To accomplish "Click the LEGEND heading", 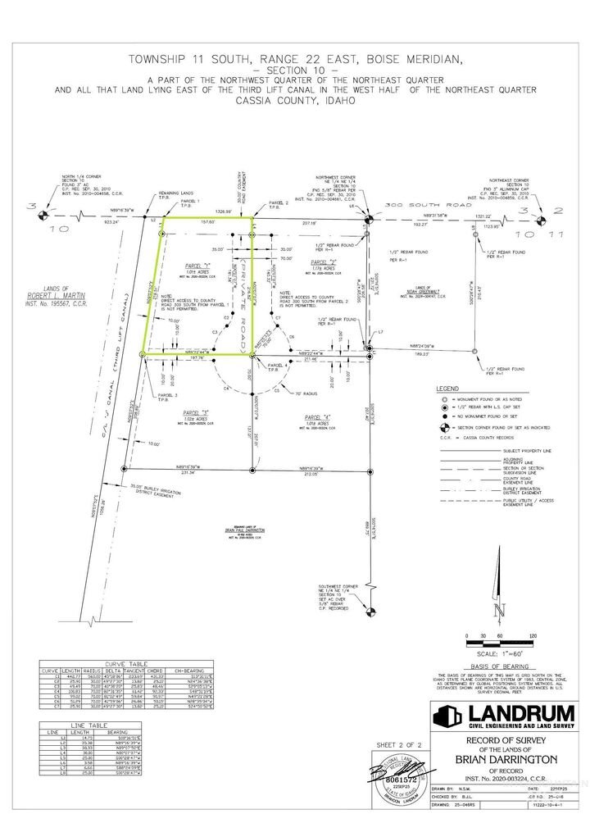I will (x=448, y=388).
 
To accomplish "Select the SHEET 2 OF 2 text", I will (x=397, y=744).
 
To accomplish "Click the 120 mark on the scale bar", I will (x=534, y=636).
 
